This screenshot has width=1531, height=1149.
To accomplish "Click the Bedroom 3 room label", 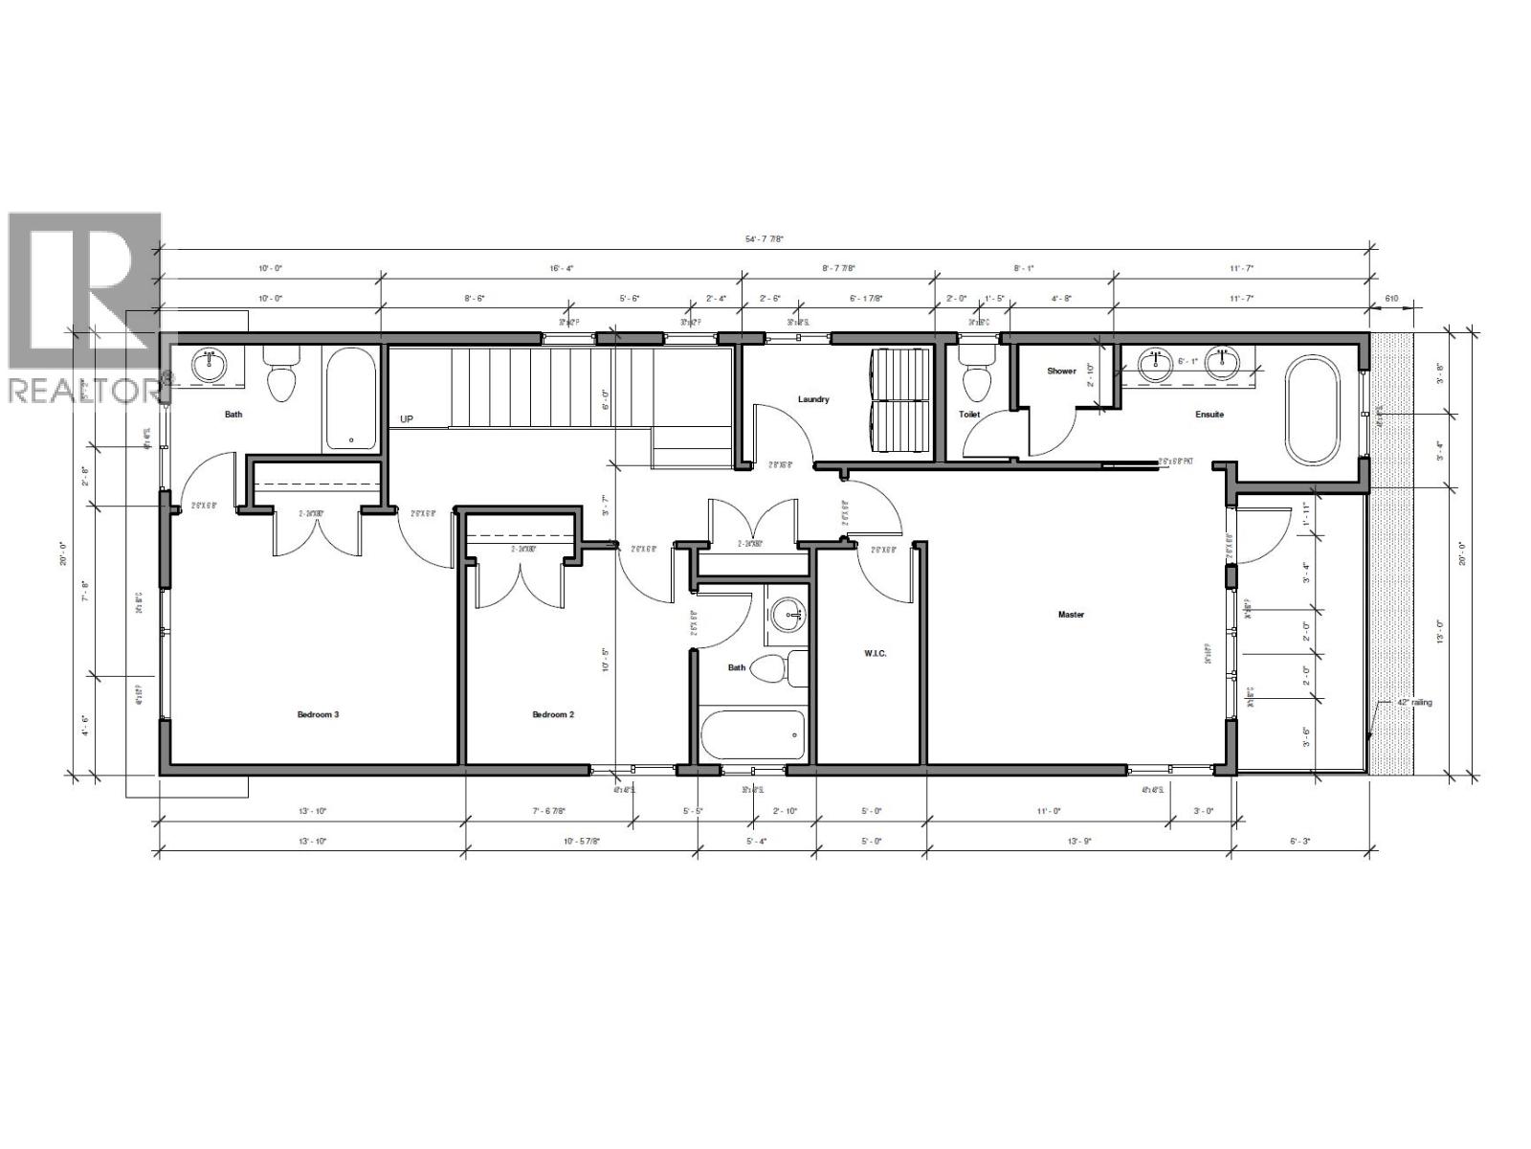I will [x=318, y=714].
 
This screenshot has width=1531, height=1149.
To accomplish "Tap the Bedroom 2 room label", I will [x=553, y=714].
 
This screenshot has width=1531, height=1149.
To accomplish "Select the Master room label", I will [x=1071, y=615].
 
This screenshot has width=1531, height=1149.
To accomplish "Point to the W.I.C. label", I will [x=875, y=653].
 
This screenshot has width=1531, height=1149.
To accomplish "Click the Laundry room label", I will [x=813, y=399].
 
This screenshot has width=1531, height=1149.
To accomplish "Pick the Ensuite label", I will [x=1209, y=415].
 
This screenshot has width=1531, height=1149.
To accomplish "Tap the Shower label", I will [x=1061, y=371].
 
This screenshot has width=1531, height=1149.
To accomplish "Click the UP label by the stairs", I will [x=408, y=419].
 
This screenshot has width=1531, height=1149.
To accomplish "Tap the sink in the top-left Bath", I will [x=209, y=364].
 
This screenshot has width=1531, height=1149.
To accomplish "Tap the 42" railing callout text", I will [x=1415, y=702].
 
